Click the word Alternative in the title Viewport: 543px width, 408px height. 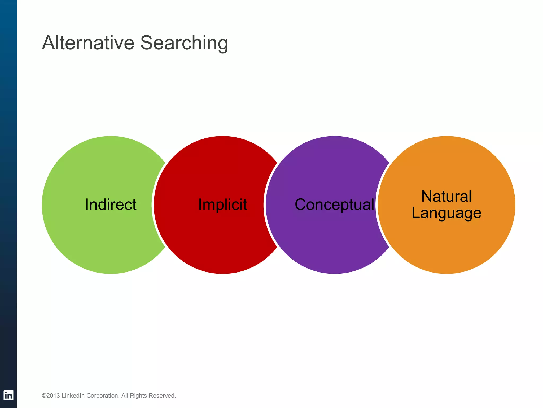point(88,43)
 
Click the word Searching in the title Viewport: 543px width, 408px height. point(184,43)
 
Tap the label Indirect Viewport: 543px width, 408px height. point(111,205)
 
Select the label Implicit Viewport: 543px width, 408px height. point(223,205)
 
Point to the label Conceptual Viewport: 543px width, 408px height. point(334,205)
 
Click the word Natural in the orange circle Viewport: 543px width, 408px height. point(446,196)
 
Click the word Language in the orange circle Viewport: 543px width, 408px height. point(446,213)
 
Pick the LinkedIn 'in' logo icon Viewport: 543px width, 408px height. point(8,395)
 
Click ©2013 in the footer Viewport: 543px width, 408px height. point(51,396)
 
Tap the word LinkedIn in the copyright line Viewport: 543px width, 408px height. point(73,396)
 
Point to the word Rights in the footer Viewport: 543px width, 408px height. point(138,396)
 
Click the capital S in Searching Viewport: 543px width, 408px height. point(147,43)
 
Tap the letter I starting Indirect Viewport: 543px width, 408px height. point(86,205)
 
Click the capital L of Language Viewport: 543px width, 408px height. point(415,213)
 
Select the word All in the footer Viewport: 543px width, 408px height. point(125,396)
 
